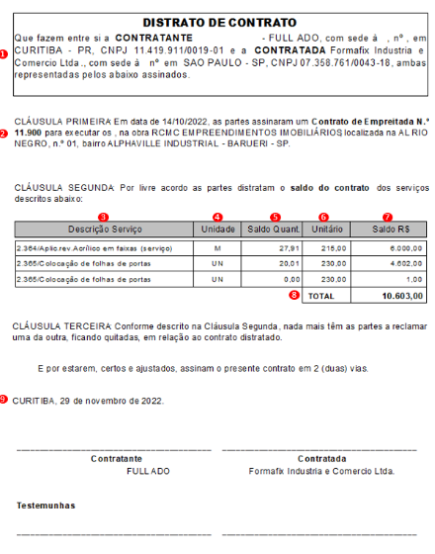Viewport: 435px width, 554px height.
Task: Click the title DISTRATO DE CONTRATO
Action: (x=218, y=22)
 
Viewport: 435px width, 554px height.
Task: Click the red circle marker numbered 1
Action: (x=5, y=54)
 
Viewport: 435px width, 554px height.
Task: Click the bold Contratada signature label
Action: (x=322, y=458)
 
